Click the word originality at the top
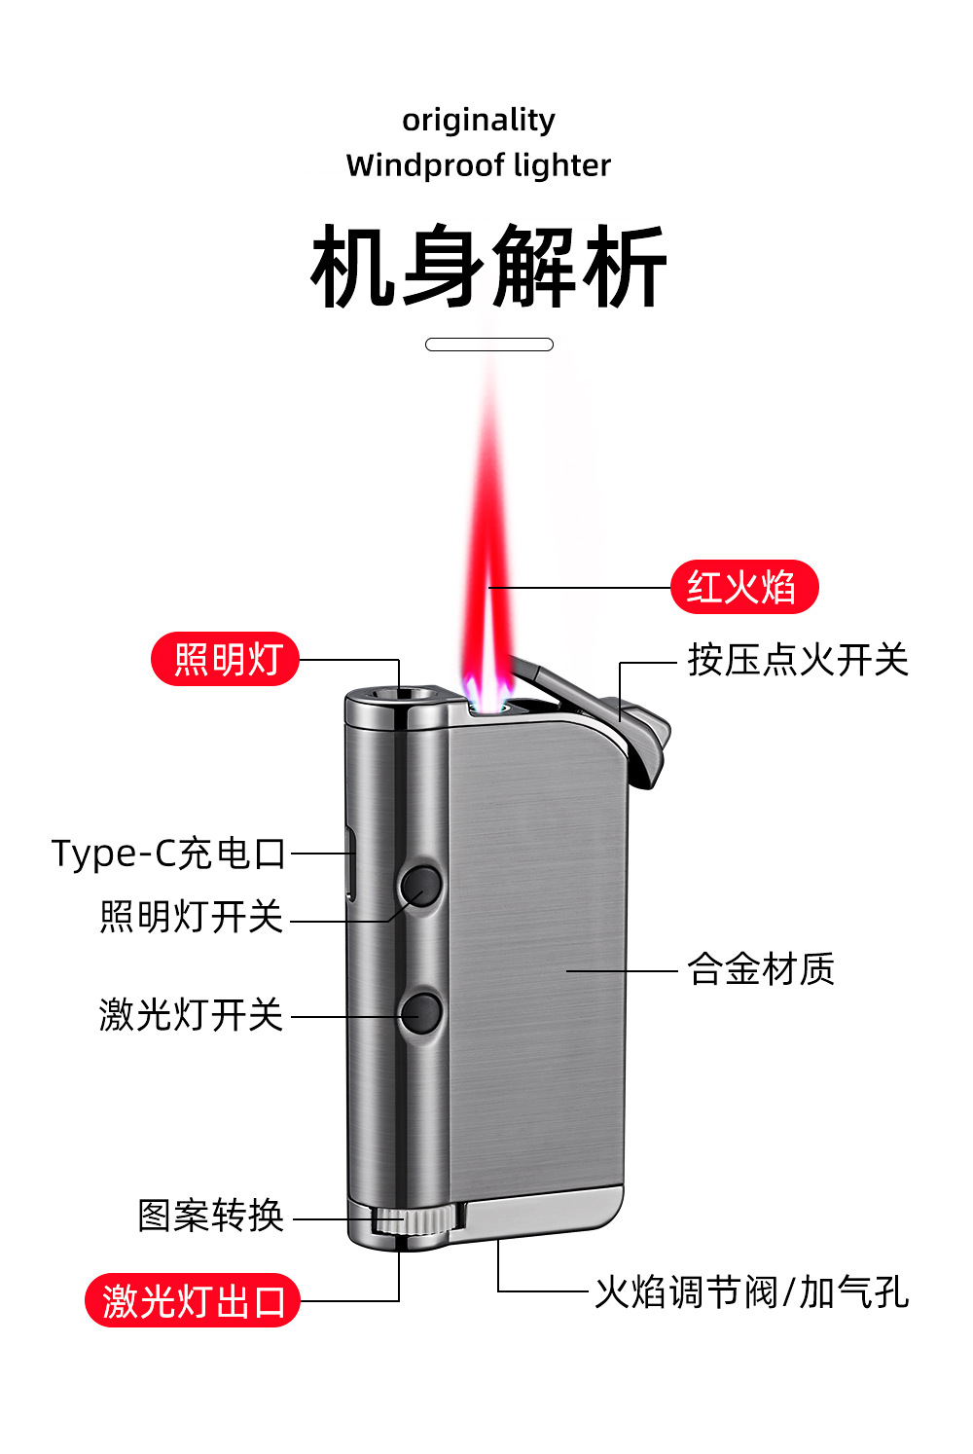click(479, 120)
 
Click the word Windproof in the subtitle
click(424, 165)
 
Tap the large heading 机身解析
click(488, 266)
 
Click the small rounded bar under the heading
click(489, 345)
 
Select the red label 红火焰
click(744, 588)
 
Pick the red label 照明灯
click(226, 660)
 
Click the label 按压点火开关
click(798, 660)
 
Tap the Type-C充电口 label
click(169, 854)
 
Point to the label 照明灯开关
click(191, 917)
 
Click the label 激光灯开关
click(191, 1015)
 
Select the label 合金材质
click(761, 969)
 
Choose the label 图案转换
click(210, 1216)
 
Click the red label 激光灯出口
click(193, 1301)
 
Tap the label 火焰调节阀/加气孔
click(751, 1292)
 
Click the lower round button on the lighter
click(421, 1013)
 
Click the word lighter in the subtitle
click(562, 165)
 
